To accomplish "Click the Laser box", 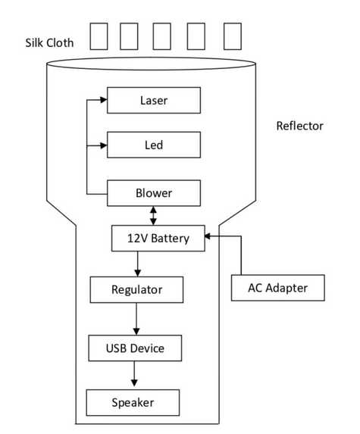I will [154, 100].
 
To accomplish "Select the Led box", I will [154, 145].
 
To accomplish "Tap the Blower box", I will [154, 193].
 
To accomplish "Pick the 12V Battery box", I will [159, 238].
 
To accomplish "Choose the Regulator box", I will [136, 289].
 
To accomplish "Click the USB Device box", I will [135, 348].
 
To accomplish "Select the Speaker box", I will [133, 402].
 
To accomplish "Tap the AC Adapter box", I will [278, 288].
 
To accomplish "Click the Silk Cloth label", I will [49, 42].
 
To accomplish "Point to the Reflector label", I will [299, 126].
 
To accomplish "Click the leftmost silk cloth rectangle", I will [99, 36].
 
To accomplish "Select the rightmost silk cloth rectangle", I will [232, 36].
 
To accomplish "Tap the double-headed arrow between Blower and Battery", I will [154, 215].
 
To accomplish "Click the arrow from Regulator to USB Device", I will [136, 319].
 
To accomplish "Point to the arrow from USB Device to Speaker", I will [135, 375].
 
